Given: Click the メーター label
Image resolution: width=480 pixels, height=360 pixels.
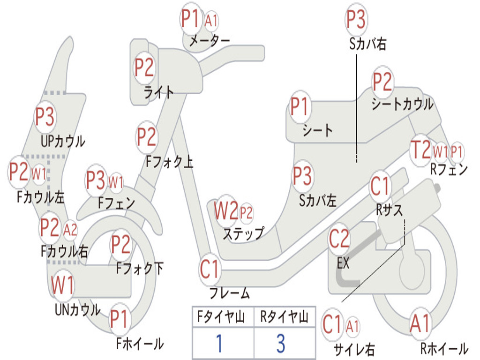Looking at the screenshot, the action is pyautogui.click(x=209, y=41).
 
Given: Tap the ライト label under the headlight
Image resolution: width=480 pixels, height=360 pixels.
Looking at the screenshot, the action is pyautogui.click(x=158, y=92).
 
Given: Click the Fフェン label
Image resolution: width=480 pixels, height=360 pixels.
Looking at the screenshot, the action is pyautogui.click(x=116, y=203).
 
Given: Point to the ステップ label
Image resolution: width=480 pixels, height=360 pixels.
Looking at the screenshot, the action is pyautogui.click(x=243, y=233).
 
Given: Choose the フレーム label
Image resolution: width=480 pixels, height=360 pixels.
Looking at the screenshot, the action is pyautogui.click(x=229, y=293).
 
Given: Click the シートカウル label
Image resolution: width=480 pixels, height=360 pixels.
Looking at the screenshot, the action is pyautogui.click(x=402, y=104).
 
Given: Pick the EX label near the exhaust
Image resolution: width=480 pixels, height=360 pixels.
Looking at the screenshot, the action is pyautogui.click(x=343, y=263).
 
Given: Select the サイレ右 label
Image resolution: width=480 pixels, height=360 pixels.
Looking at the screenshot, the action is pyautogui.click(x=354, y=349).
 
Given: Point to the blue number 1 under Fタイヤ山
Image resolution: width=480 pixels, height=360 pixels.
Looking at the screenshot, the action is pyautogui.click(x=218, y=344).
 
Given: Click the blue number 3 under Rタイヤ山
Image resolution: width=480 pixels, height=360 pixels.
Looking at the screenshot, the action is pyautogui.click(x=280, y=344).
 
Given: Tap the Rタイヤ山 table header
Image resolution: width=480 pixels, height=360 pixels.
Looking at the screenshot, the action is pyautogui.click(x=284, y=317).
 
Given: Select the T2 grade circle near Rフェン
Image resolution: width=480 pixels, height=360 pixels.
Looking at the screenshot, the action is pyautogui.click(x=420, y=150).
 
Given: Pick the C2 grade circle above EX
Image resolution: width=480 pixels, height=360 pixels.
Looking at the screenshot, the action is pyautogui.click(x=339, y=239).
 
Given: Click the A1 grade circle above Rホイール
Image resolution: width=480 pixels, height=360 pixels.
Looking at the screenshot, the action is pyautogui.click(x=420, y=324).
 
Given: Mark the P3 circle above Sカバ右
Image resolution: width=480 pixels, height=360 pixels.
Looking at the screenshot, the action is pyautogui.click(x=356, y=19).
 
